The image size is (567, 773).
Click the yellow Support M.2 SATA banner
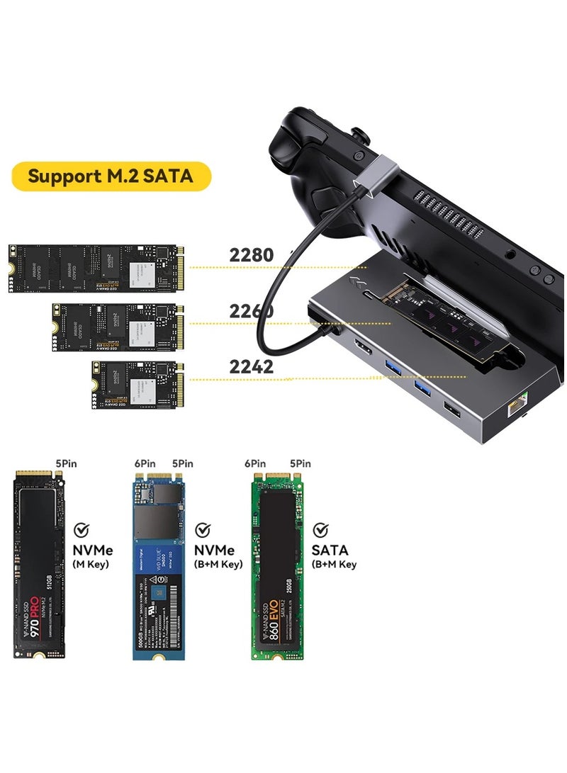click(x=111, y=176)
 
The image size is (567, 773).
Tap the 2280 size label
click(x=251, y=255)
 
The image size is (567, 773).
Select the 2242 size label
click(x=251, y=366)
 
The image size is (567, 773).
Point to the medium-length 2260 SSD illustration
click(x=118, y=327)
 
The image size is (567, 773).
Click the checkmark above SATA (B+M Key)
click(x=321, y=529)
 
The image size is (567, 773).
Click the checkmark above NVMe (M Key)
click(x=82, y=529)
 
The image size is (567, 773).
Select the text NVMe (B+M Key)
click(x=217, y=557)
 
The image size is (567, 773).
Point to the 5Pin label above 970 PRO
click(x=66, y=463)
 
